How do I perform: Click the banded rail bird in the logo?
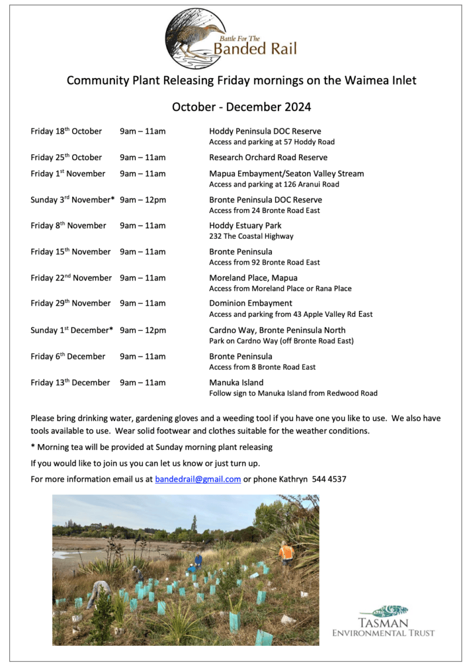point(196,36)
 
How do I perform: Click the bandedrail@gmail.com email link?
point(198,479)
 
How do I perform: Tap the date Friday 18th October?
point(66,131)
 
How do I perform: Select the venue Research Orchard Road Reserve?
point(268,157)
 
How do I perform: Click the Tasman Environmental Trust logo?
point(383,621)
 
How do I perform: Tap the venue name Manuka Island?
point(236,382)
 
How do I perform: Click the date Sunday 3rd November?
point(71,199)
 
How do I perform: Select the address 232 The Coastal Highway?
point(251,236)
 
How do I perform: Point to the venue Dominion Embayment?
point(250,303)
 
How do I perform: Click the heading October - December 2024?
point(241,107)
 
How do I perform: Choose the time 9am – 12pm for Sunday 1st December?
point(142,330)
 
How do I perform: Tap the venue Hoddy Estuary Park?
point(245,225)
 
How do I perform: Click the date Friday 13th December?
point(70,382)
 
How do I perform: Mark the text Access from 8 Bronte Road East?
point(262,367)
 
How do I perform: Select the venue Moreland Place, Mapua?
point(253,277)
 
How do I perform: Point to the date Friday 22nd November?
point(71,277)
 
